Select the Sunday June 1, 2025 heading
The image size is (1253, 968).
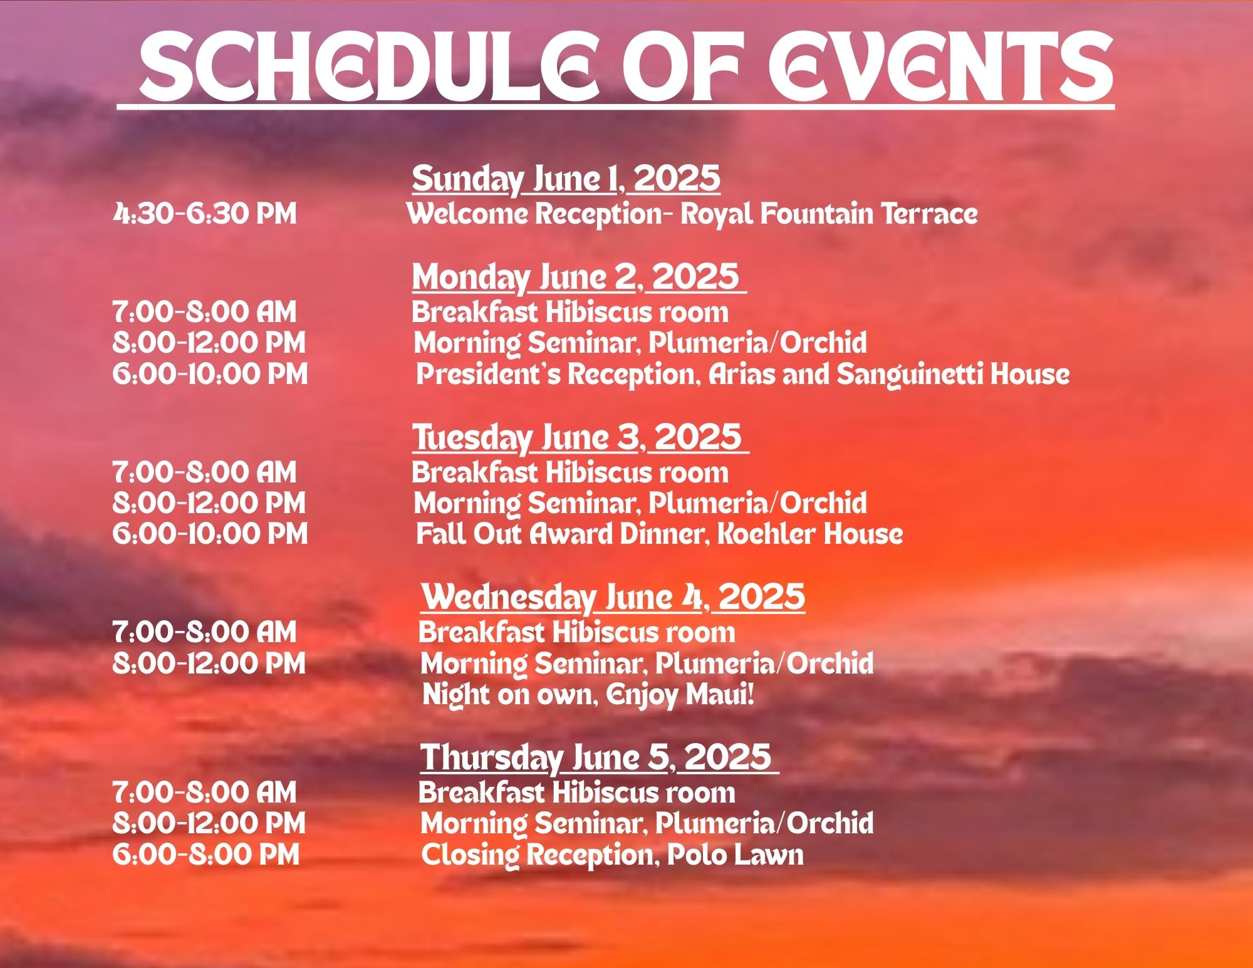click(566, 179)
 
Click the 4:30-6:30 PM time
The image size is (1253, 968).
click(205, 214)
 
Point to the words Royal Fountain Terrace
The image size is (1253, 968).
click(829, 214)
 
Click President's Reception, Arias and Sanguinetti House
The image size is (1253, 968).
click(742, 375)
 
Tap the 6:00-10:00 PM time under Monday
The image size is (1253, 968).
click(211, 374)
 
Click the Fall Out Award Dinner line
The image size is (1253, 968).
click(659, 534)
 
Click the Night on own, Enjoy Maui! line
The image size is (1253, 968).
click(588, 695)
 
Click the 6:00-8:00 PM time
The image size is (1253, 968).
click(206, 855)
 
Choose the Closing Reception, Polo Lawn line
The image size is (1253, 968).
click(612, 855)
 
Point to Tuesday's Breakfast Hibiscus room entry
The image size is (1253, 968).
click(570, 472)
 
